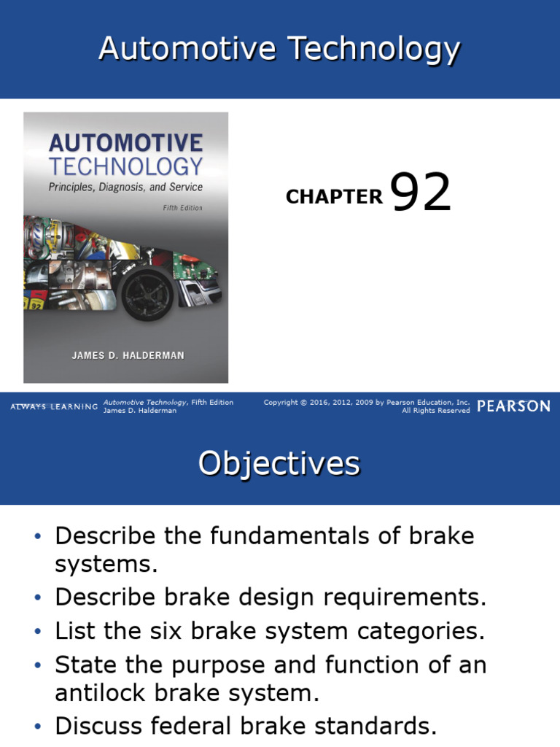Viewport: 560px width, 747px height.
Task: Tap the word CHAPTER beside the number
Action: [x=334, y=196]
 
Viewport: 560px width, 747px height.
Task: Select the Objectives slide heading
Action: [x=279, y=463]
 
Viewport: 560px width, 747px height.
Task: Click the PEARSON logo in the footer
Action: [x=513, y=406]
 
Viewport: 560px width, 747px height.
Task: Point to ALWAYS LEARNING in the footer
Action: [x=54, y=406]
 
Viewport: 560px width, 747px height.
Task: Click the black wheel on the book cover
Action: [x=147, y=295]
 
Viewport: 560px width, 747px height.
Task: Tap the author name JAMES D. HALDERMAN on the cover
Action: [x=128, y=355]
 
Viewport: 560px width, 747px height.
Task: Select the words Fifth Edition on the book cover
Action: [x=182, y=208]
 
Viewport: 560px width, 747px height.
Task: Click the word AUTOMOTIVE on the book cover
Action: [x=125, y=142]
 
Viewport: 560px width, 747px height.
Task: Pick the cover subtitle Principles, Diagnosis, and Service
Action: [x=125, y=187]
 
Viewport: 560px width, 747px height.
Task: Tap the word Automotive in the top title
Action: [x=189, y=50]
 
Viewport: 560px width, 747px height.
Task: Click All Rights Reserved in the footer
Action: [x=435, y=411]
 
